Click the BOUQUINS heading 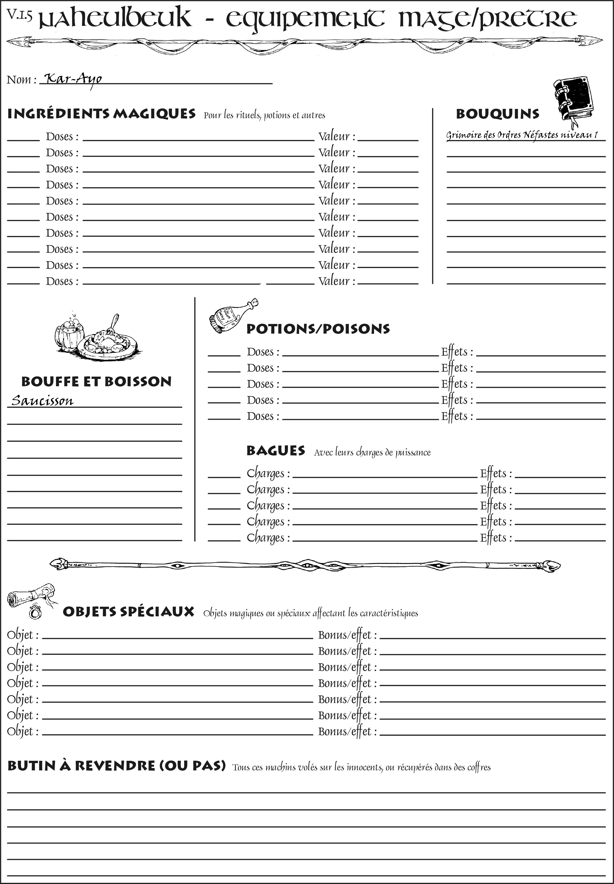[498, 114]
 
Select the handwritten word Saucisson [42, 400]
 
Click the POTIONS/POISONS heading [318, 329]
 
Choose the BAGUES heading [276, 451]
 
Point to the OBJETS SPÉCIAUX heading [128, 612]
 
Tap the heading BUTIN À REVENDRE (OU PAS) [116, 765]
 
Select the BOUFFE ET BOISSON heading [96, 382]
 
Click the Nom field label [21, 80]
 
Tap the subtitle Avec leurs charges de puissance [372, 452]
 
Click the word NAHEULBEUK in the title [115, 18]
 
